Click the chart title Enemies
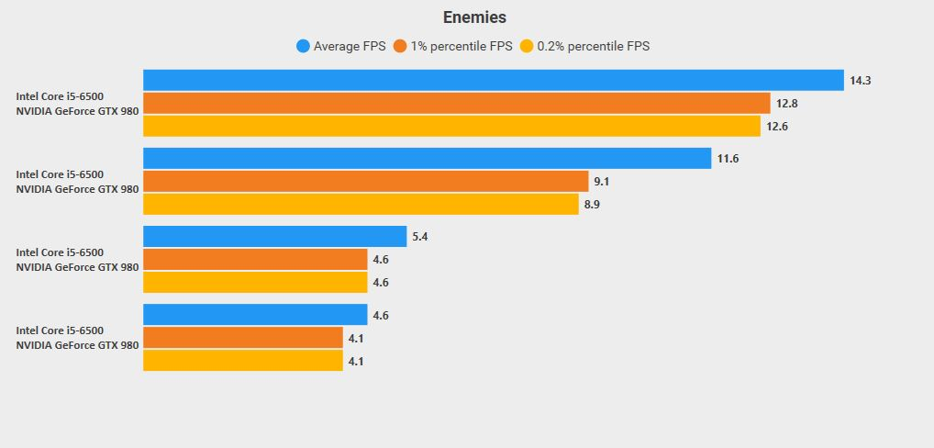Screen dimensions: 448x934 click(474, 17)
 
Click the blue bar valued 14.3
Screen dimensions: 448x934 click(493, 81)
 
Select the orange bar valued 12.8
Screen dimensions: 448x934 click(456, 104)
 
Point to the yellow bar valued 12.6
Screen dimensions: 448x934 click(451, 126)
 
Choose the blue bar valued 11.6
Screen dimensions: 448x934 click(427, 159)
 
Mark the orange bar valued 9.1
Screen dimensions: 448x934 click(365, 182)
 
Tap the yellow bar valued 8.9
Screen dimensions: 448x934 click(361, 204)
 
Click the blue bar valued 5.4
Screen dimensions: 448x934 click(274, 237)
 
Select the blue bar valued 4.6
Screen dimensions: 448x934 click(255, 315)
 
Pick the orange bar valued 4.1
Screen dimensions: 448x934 click(243, 338)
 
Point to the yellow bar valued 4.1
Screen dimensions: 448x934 click(243, 361)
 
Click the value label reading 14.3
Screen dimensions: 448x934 click(860, 81)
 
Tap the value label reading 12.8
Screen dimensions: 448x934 click(786, 104)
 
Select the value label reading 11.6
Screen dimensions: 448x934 click(728, 159)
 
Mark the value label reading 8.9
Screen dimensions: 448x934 click(593, 204)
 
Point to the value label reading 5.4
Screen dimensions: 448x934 click(420, 237)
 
